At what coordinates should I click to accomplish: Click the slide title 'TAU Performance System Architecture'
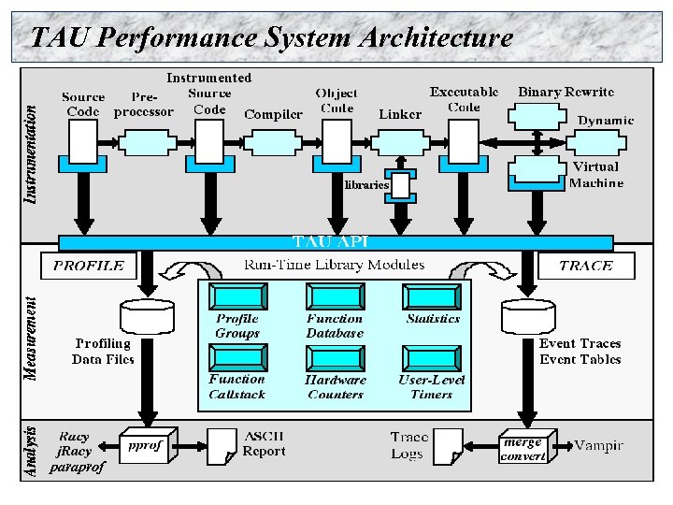pyautogui.click(x=271, y=37)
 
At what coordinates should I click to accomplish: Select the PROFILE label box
pyautogui.click(x=89, y=266)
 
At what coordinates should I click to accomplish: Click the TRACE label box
pyautogui.click(x=585, y=266)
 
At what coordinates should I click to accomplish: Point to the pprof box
pyautogui.click(x=146, y=447)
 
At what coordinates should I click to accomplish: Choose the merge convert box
pyautogui.click(x=523, y=448)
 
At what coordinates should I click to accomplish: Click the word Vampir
pyautogui.click(x=598, y=445)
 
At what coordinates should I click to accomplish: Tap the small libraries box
pyautogui.click(x=401, y=185)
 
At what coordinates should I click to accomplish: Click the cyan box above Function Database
pyautogui.click(x=334, y=297)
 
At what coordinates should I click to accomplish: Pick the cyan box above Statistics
pyautogui.click(x=432, y=297)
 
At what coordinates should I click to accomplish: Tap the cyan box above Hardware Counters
pyautogui.click(x=334, y=358)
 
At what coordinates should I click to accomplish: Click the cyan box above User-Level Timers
pyautogui.click(x=432, y=358)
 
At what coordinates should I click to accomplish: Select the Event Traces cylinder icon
pyautogui.click(x=528, y=317)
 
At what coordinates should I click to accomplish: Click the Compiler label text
pyautogui.click(x=273, y=114)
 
